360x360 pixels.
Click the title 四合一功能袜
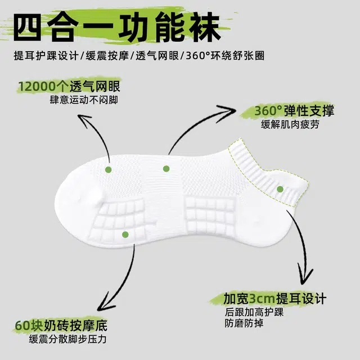117,28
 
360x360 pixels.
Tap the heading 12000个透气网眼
69,87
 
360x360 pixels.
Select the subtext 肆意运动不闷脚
84,100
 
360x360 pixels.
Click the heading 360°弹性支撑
294,111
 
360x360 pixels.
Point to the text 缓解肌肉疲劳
290,125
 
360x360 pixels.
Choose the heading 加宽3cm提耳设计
274,299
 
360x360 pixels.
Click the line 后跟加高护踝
254,312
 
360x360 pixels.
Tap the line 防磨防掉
244,323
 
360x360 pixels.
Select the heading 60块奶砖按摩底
61,326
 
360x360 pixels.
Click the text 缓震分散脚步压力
67,339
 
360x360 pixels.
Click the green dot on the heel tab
280,189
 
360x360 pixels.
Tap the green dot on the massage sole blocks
125,235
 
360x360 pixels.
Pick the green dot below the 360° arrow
166,169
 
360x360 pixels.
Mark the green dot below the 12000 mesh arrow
109,170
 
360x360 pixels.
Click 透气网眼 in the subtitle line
157,56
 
